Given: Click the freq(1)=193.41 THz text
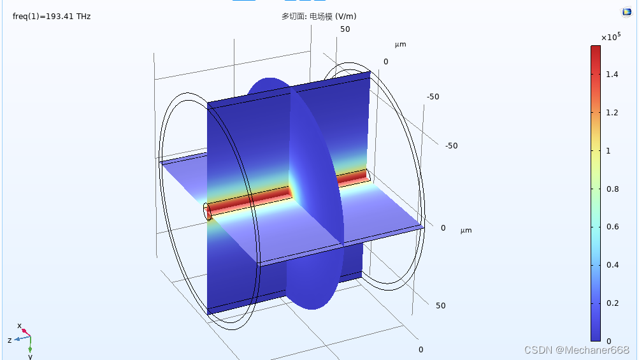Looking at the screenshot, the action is click(52, 17).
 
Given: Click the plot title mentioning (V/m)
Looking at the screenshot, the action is click(319, 17).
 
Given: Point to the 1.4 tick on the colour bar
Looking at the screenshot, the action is click(612, 74).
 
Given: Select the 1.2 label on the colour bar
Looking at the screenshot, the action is click(612, 113).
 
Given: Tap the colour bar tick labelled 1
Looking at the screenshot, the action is click(608, 151).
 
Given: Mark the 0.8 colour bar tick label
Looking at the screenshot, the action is click(612, 189).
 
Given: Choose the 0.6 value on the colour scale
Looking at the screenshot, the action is click(612, 227).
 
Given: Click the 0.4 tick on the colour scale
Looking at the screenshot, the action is click(612, 265).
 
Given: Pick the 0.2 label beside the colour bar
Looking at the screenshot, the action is click(612, 303).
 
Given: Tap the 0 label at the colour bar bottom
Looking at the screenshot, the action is click(608, 342).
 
